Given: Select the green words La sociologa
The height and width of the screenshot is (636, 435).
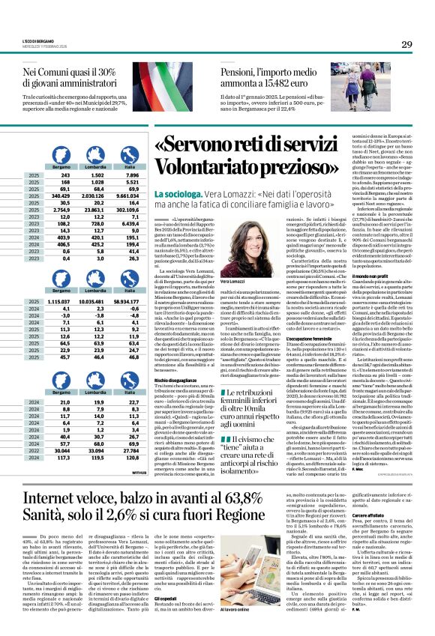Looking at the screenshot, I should point(174,193).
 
